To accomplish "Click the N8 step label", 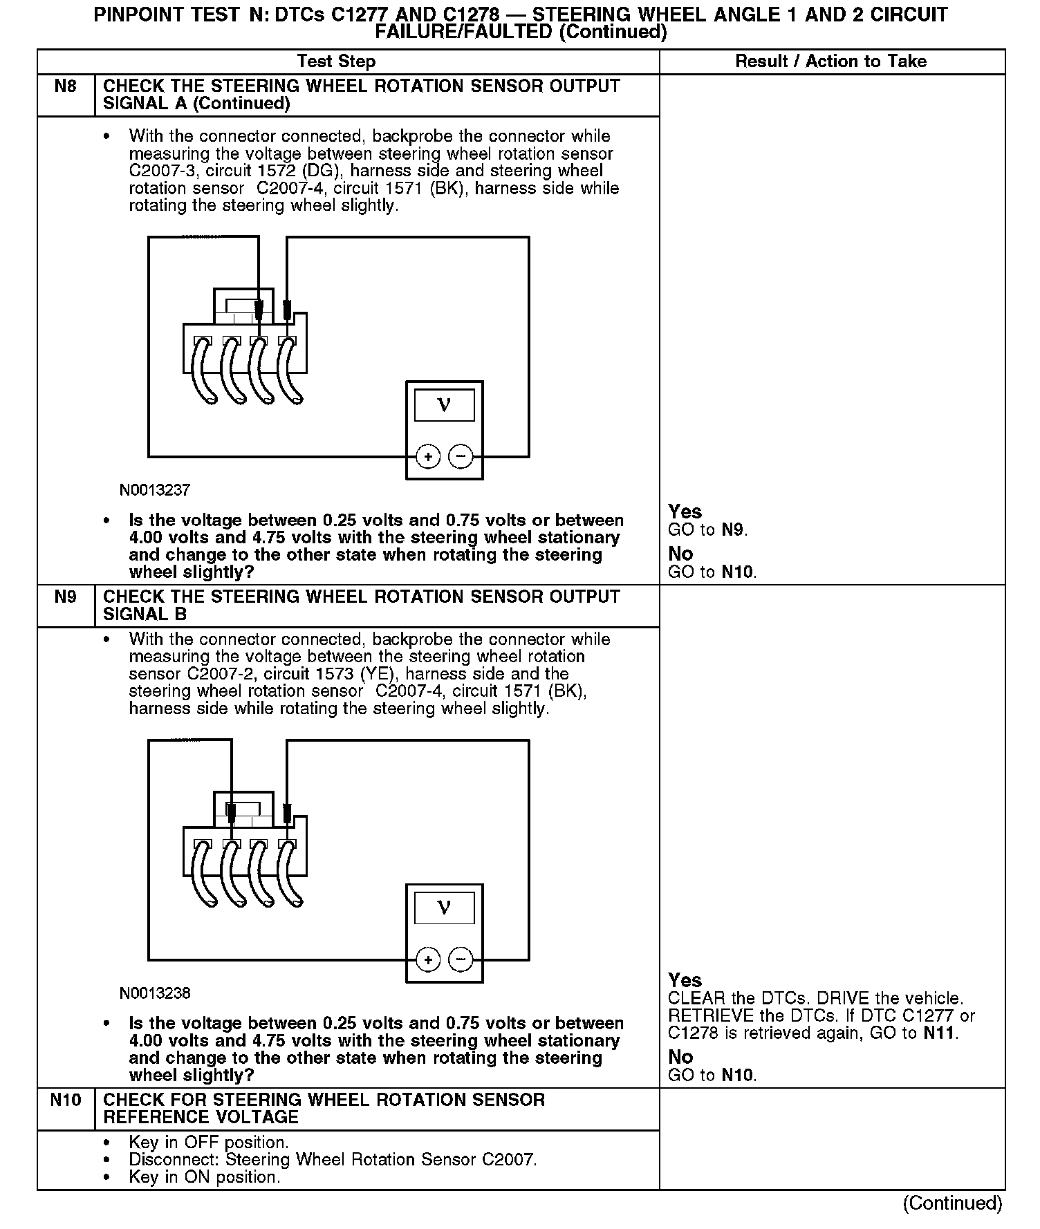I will point(66,86).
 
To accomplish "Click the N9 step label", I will point(66,597).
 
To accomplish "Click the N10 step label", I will point(66,1100).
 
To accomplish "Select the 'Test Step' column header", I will point(336,62).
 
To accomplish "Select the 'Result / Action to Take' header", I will point(830,62).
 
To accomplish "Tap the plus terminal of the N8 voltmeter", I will point(429,457).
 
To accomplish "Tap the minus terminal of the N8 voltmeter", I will point(461,457).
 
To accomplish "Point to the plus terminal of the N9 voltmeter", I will point(429,960).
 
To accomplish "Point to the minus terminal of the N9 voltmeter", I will point(461,960).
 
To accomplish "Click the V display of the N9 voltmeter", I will point(445,908).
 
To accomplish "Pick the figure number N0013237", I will point(155,490).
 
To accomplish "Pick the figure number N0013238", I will point(155,993).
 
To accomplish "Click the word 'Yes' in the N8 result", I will point(685,512).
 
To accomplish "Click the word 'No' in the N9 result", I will point(680,1057).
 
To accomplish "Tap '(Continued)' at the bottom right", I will point(952,1203).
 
